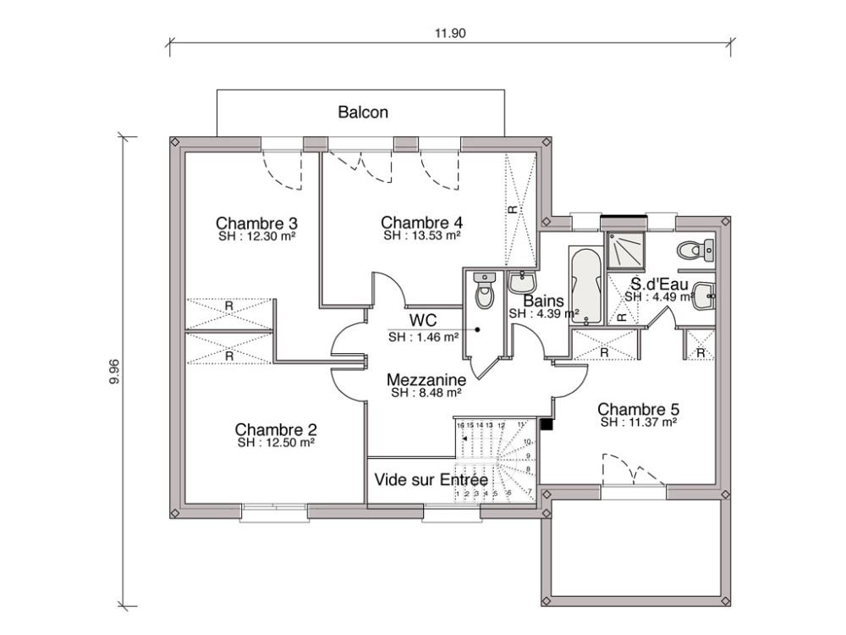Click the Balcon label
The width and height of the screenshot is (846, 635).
(x=363, y=112)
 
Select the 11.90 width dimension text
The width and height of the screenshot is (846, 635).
(x=451, y=34)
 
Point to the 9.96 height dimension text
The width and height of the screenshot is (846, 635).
(x=114, y=372)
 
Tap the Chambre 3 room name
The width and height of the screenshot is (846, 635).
(x=256, y=223)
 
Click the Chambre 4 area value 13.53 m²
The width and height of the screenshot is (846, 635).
(x=421, y=236)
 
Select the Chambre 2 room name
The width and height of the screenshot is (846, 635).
(x=276, y=428)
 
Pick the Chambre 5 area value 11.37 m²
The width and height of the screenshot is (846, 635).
(x=639, y=422)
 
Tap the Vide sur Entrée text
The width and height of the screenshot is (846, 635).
(x=431, y=480)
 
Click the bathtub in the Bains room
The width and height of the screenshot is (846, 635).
(x=585, y=286)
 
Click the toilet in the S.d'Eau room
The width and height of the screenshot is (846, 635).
(x=695, y=250)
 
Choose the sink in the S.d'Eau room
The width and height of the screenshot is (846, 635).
(x=703, y=295)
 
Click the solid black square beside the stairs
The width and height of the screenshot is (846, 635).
(x=547, y=425)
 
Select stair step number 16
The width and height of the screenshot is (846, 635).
(x=460, y=425)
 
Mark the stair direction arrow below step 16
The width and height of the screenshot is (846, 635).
(x=464, y=438)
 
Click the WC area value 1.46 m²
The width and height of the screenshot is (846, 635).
(x=423, y=336)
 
